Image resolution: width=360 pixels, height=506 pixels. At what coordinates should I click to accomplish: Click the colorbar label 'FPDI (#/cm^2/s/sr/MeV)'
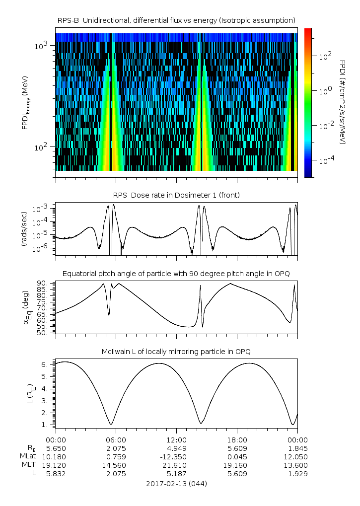(x=343, y=102)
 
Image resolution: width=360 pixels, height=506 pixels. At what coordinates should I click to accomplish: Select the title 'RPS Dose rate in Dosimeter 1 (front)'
(x=176, y=195)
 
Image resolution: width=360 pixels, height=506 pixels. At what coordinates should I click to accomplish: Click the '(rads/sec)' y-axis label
(x=24, y=229)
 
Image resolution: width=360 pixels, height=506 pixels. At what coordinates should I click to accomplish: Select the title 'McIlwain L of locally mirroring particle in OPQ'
(x=176, y=352)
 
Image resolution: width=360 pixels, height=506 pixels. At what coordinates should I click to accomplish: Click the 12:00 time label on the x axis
(x=176, y=439)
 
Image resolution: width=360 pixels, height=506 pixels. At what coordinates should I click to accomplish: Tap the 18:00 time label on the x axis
(x=237, y=439)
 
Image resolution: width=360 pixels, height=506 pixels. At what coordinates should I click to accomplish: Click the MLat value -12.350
(x=176, y=456)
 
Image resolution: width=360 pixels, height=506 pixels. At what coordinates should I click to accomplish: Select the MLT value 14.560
(x=116, y=465)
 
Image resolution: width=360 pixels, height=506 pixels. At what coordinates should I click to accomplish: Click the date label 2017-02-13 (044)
(x=176, y=483)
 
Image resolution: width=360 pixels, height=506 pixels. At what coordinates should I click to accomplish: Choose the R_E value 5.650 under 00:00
(x=56, y=448)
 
